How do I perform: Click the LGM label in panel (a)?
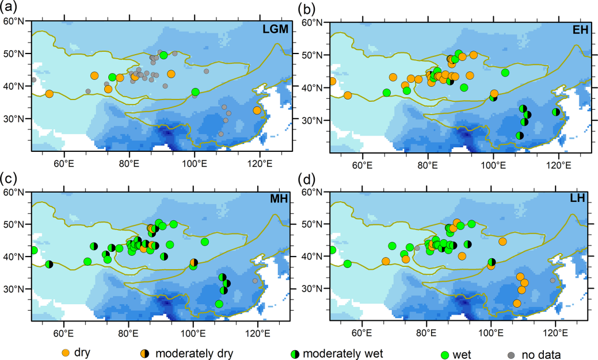(x=275, y=29)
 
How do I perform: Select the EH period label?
(x=580, y=30)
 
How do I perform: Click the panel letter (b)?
(x=307, y=8)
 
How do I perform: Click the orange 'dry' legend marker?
(x=65, y=353)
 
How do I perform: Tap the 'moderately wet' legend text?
(x=343, y=353)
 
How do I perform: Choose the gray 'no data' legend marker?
(x=511, y=355)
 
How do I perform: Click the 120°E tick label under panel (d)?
(x=555, y=335)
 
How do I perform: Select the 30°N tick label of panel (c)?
(x=14, y=288)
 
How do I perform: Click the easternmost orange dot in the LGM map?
(x=257, y=110)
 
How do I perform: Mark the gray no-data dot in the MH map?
(x=255, y=281)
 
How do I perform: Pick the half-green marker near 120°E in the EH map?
(x=555, y=112)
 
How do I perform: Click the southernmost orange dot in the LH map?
(x=517, y=303)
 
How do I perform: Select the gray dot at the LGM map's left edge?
(x=33, y=79)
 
